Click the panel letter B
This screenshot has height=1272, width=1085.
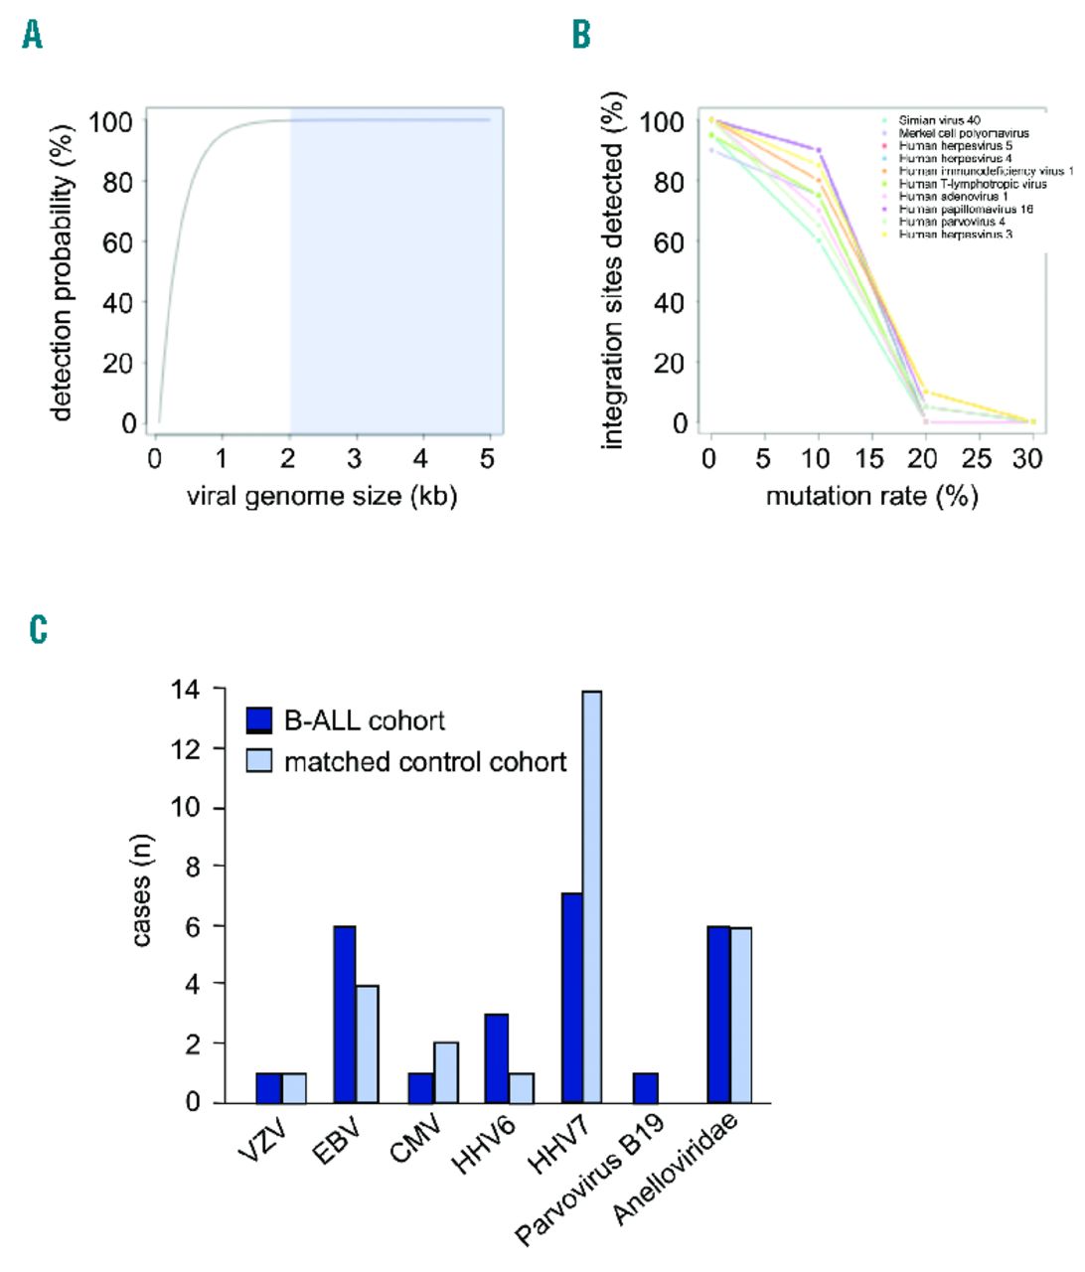pyautogui.click(x=581, y=36)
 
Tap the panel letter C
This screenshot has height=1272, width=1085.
pyautogui.click(x=39, y=629)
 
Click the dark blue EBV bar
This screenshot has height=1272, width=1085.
pyautogui.click(x=345, y=1014)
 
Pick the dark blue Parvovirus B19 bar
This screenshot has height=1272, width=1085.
pyautogui.click(x=645, y=1087)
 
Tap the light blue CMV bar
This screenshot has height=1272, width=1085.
pyautogui.click(x=445, y=1072)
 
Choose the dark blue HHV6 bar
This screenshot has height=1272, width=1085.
pyautogui.click(x=496, y=1058)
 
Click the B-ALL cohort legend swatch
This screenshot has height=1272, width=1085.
pyautogui.click(x=258, y=720)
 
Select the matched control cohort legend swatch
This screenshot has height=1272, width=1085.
pyautogui.click(x=258, y=762)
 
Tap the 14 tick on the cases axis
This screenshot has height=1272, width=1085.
pyautogui.click(x=185, y=689)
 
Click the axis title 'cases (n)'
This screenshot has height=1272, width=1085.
pyautogui.click(x=142, y=889)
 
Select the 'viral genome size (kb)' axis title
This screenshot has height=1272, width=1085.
pyautogui.click(x=322, y=496)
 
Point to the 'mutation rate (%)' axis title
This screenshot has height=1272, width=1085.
pyautogui.click(x=871, y=496)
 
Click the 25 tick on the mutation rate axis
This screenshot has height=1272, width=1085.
pyautogui.click(x=978, y=458)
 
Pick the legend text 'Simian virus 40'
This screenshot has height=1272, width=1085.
pyautogui.click(x=939, y=120)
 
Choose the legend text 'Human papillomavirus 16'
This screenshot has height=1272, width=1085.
pyautogui.click(x=966, y=210)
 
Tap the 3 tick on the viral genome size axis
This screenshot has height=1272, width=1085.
pyautogui.click(x=355, y=458)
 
